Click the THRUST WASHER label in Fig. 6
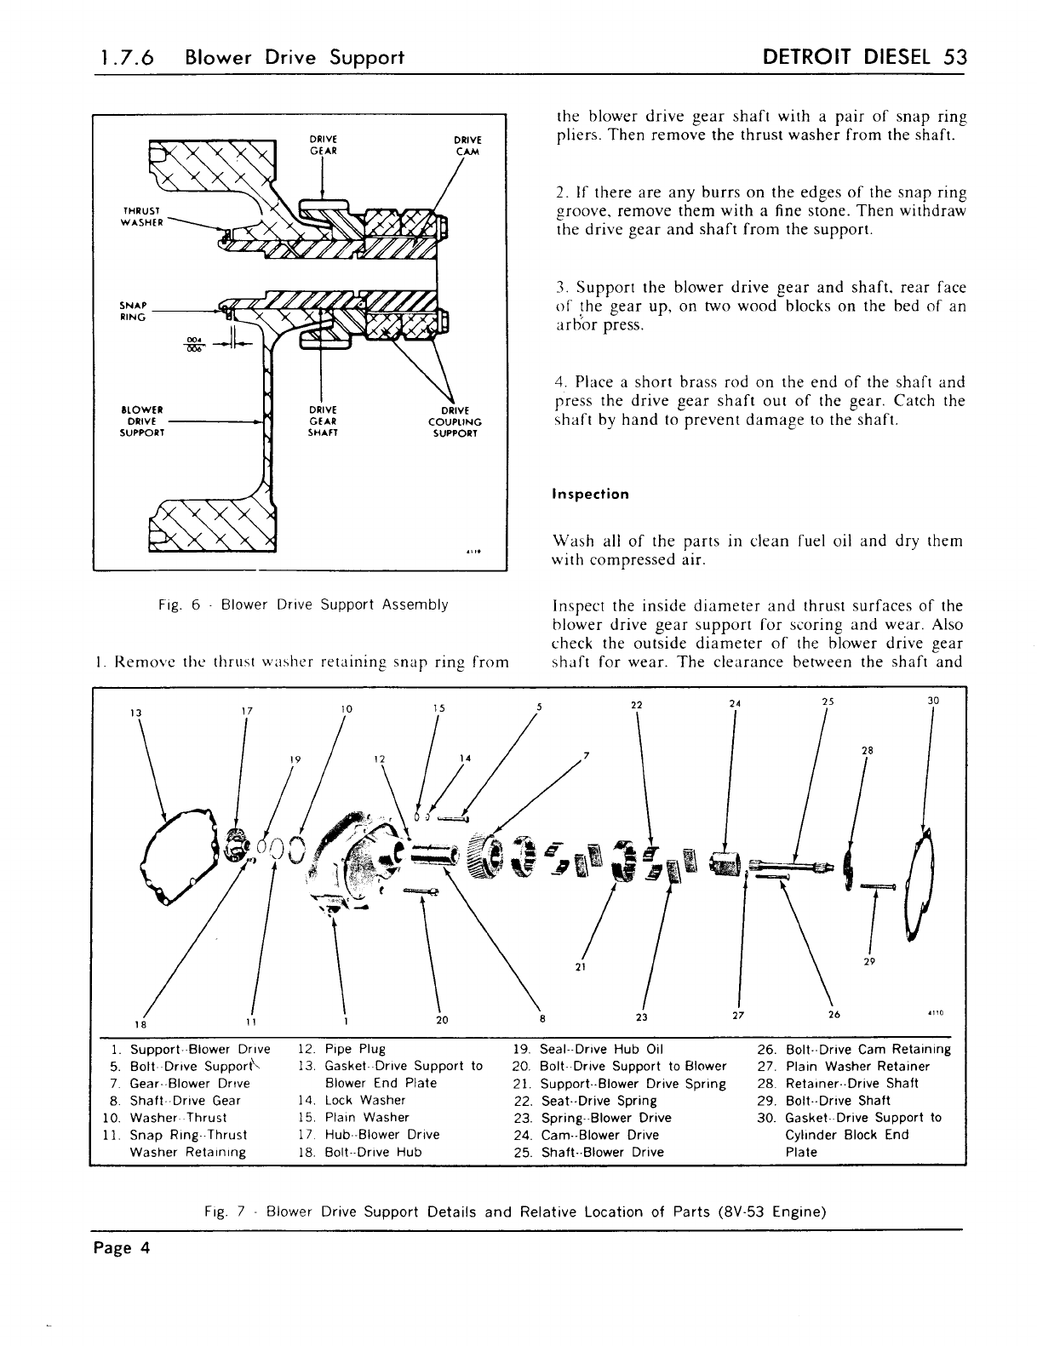click(137, 214)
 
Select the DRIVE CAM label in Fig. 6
click(467, 146)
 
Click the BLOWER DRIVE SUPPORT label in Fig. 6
click(143, 421)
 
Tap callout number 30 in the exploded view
click(932, 702)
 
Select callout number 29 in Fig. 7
click(869, 961)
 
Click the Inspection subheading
click(591, 495)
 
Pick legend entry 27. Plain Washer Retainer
click(845, 1067)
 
